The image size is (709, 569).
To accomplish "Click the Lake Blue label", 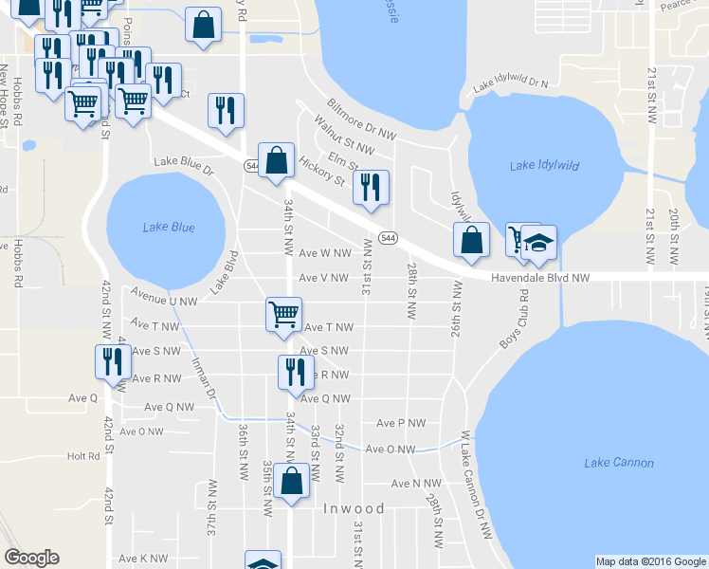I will pos(169,227).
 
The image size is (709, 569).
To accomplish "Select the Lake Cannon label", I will pos(619,463).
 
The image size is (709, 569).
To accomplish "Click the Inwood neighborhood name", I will pos(354,508).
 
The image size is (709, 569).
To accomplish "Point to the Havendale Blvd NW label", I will pos(540,278).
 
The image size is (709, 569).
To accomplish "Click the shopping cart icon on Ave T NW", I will pos(284,314).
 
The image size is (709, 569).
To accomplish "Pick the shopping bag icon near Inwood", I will pos(292,481).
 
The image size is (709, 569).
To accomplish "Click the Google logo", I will pos(31,558).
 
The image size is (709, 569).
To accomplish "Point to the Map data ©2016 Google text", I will pos(651,561).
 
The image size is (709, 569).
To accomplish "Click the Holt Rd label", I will pos(83,456).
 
